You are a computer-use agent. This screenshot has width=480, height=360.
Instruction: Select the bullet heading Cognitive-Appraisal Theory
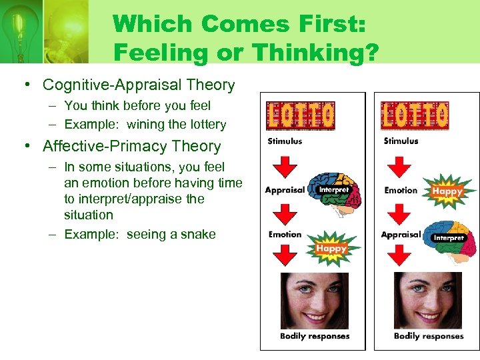point(139,85)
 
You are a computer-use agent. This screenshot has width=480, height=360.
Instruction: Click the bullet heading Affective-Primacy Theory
point(131,146)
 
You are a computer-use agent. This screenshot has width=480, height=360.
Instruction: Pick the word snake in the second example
point(198,233)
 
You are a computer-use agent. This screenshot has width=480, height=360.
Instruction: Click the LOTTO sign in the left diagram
point(300,116)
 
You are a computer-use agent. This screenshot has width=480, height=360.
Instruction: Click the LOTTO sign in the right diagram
point(415,116)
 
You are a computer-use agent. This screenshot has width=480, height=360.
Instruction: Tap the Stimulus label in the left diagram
point(285,141)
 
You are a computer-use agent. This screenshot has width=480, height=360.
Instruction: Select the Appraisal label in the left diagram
point(284,190)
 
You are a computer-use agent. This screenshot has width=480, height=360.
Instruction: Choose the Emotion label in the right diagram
point(401,190)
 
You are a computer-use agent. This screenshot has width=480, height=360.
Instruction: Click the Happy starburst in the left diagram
point(333,248)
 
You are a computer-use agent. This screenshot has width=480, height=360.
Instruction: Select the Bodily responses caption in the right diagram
point(428,336)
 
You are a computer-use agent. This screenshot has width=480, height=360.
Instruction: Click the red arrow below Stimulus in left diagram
point(285,163)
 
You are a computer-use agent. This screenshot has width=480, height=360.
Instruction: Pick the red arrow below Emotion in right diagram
point(399,213)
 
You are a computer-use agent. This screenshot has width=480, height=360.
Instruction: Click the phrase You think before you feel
point(137,105)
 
